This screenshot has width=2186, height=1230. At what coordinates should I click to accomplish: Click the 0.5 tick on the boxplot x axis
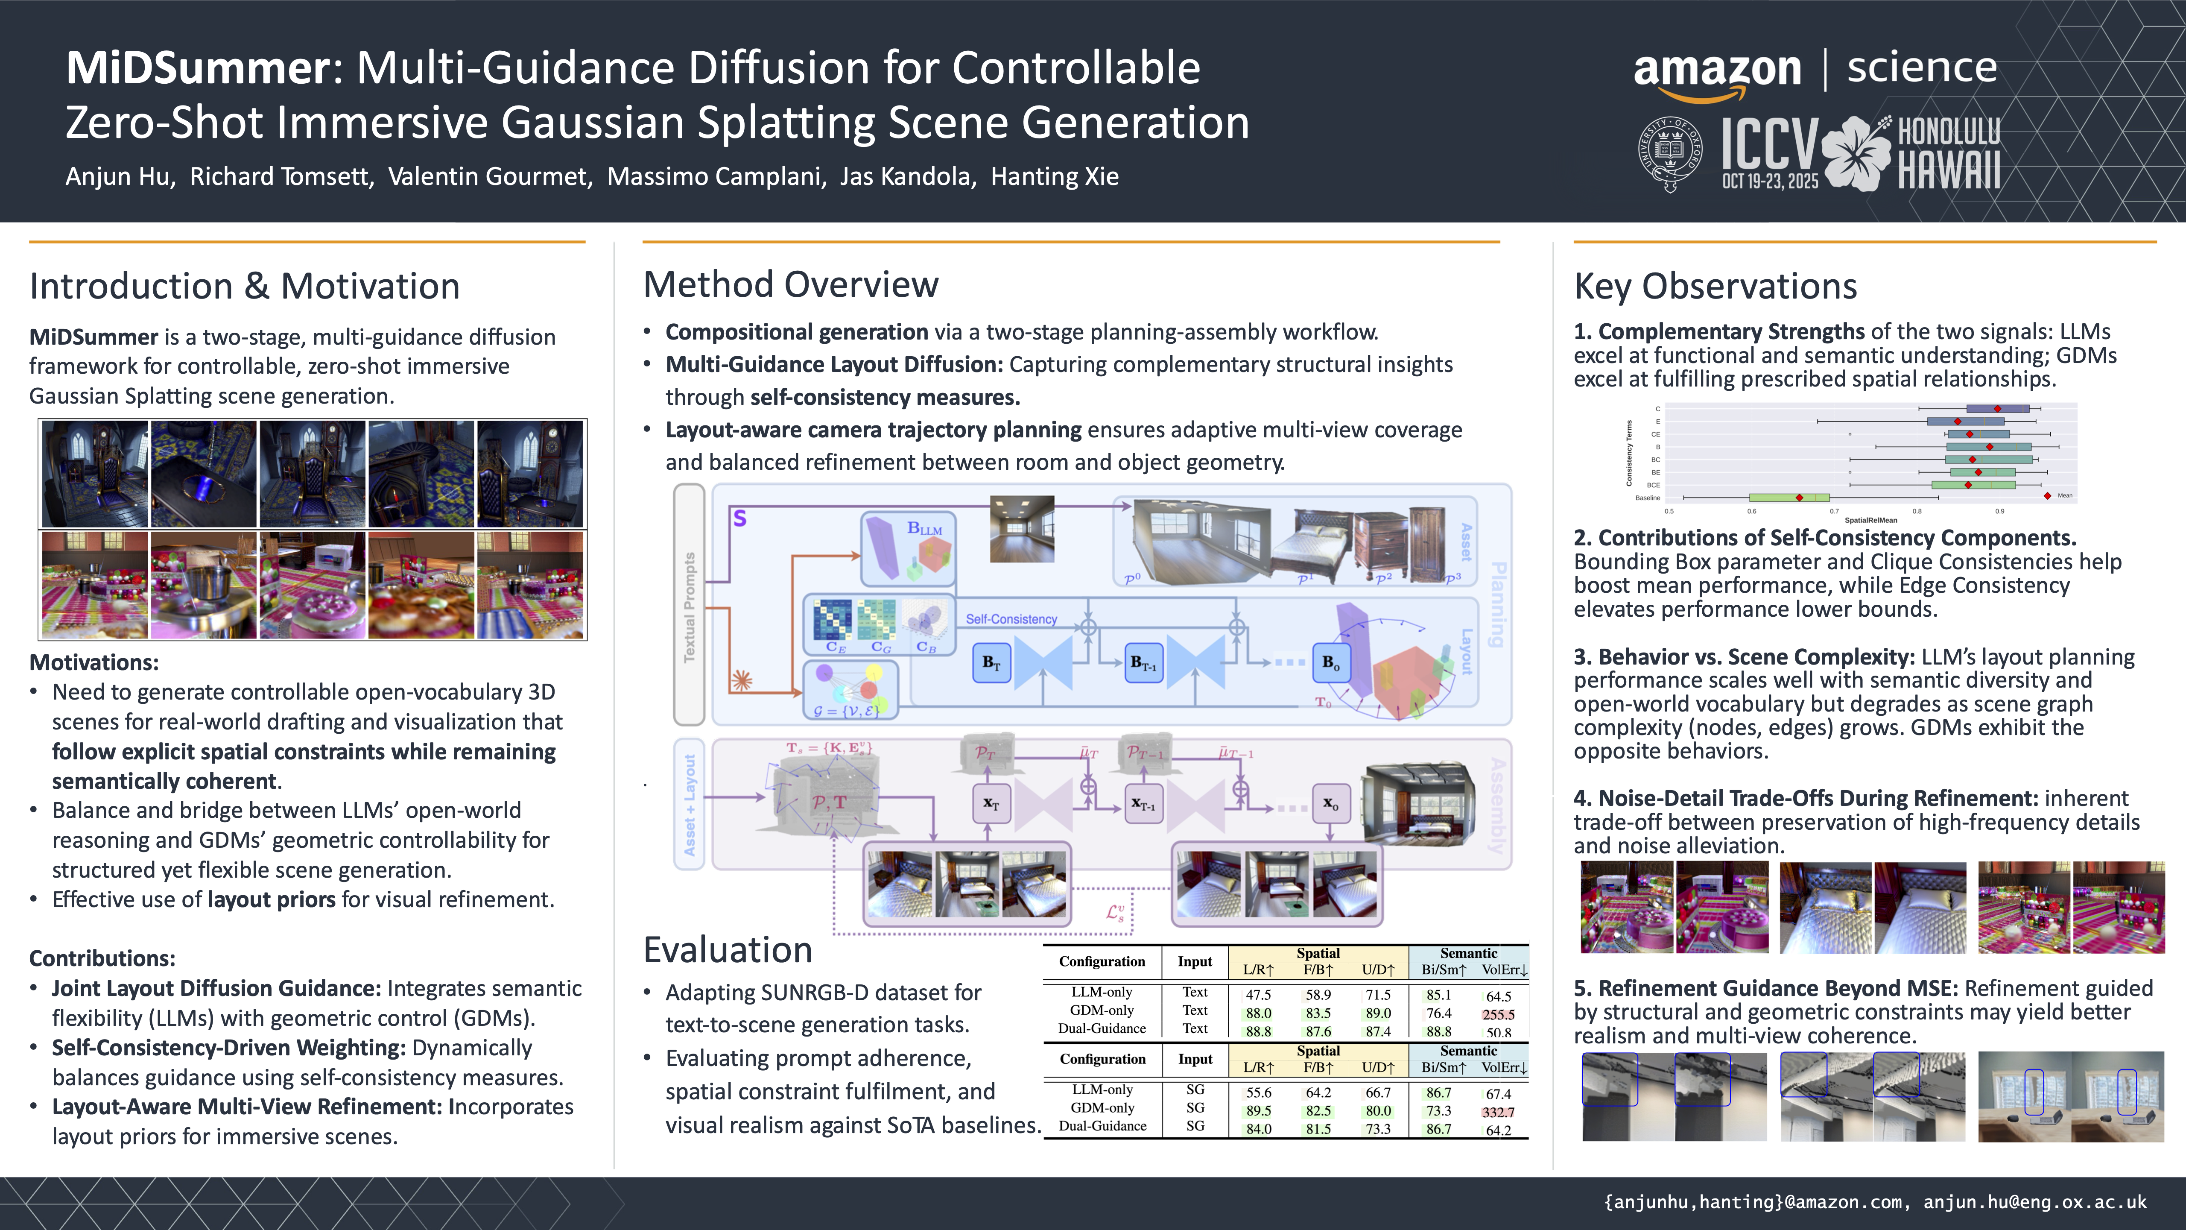click(1669, 511)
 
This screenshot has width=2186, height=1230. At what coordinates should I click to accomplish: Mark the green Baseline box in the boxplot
click(1788, 498)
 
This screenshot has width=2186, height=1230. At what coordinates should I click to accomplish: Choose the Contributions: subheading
click(102, 958)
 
